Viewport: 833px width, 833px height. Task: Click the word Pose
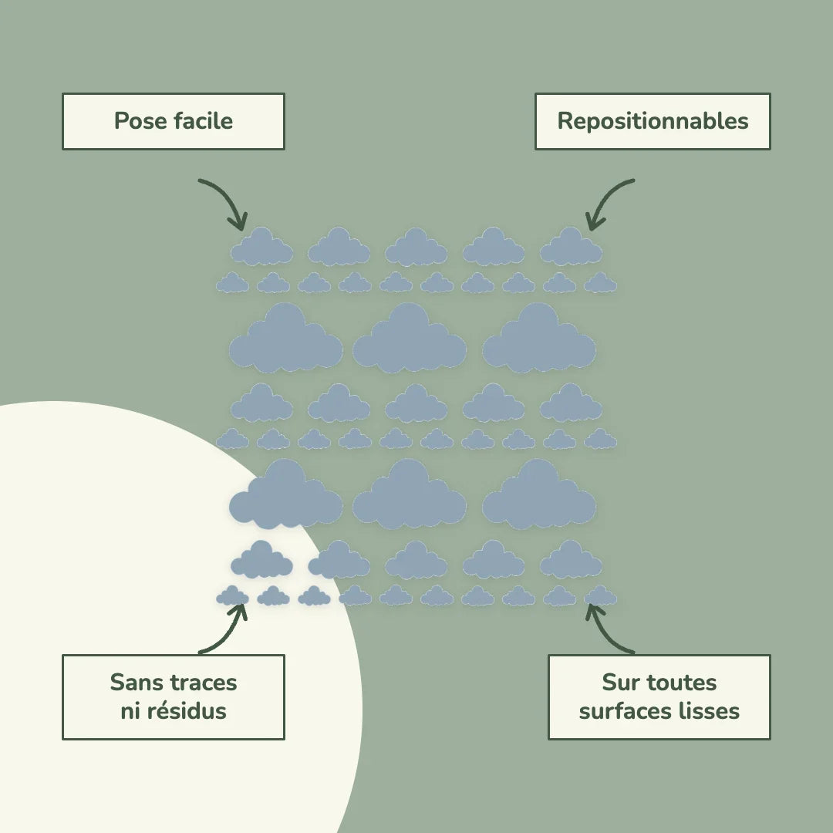(x=140, y=121)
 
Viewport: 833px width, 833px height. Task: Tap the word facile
(x=204, y=120)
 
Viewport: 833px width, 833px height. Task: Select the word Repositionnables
(x=653, y=122)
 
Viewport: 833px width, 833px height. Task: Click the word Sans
(x=134, y=683)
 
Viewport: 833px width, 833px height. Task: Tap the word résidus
(x=187, y=711)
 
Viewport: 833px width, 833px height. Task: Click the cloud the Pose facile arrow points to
(x=261, y=247)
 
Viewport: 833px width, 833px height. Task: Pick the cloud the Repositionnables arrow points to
(x=571, y=247)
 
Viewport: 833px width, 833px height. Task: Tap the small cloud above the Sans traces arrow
(x=232, y=596)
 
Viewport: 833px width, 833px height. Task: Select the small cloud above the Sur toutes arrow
(x=600, y=596)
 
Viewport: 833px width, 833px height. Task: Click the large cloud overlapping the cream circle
(x=286, y=497)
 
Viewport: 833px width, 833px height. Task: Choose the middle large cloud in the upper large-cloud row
(x=410, y=340)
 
